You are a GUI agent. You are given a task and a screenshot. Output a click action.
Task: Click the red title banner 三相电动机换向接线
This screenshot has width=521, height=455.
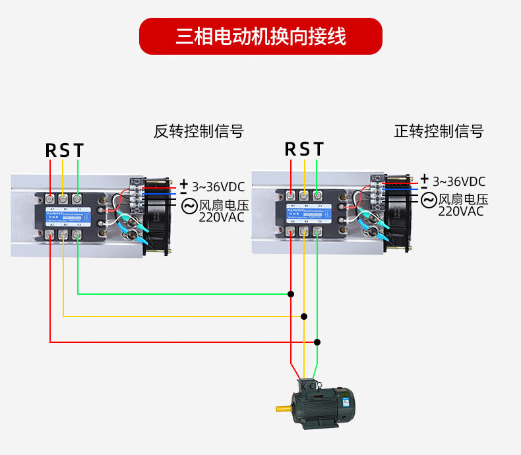click(x=260, y=36)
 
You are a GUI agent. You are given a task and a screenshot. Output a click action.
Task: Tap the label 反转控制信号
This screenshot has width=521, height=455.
click(x=199, y=131)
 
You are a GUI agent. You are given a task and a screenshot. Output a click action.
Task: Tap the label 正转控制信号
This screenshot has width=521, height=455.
click(x=439, y=131)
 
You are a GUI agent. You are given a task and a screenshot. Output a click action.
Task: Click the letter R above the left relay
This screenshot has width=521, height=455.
click(x=51, y=151)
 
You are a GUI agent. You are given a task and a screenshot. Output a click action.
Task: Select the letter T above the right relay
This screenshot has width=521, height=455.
click(x=319, y=150)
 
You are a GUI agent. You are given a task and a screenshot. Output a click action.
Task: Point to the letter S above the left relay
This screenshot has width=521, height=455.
click(x=65, y=151)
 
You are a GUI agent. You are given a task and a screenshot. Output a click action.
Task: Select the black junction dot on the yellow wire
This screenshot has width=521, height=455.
click(x=304, y=317)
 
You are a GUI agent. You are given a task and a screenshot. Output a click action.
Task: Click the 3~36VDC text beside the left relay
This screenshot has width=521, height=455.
click(x=218, y=187)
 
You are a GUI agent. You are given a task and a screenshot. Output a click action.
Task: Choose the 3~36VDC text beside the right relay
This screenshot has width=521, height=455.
click(x=459, y=181)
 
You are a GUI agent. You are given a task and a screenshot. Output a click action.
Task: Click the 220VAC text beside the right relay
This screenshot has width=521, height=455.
click(x=460, y=212)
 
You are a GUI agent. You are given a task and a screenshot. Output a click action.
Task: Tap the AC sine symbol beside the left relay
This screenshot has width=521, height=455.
click(x=189, y=206)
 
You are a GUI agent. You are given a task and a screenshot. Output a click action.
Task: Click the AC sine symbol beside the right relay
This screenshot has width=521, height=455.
click(x=429, y=200)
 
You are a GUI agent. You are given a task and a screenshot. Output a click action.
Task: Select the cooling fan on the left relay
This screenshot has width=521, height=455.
click(x=156, y=214)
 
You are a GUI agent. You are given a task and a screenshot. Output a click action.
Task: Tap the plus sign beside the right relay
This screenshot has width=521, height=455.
click(x=425, y=177)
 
